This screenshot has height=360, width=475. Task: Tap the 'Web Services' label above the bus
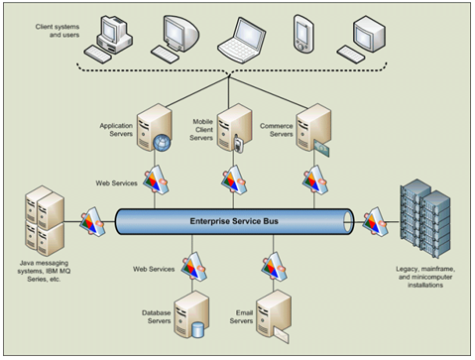click(116, 183)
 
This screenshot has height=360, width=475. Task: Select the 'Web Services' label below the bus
click(154, 269)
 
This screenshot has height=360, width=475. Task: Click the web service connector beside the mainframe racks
click(375, 219)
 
